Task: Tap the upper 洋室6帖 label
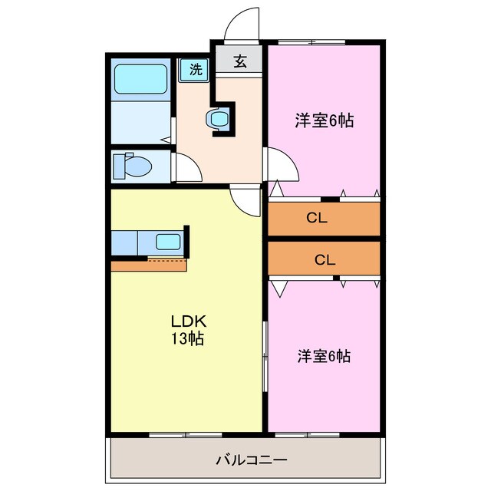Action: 325,120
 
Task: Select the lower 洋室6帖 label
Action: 324,356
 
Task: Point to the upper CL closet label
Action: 316,218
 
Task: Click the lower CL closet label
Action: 325,259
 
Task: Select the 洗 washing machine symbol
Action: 195,70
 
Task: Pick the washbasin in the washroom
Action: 218,119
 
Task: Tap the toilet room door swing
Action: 185,166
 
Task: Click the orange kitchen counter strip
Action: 149,265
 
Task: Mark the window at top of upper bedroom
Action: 311,41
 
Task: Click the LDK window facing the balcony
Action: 185,434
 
